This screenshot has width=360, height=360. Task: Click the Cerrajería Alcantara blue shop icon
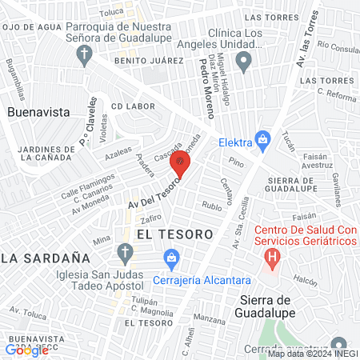[170, 257]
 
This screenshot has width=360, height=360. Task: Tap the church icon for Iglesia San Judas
[124, 254]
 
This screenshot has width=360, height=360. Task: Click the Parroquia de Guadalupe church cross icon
[84, 54]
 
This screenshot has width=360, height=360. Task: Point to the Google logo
[26, 350]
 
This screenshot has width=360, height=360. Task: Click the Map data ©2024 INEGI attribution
[312, 353]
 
